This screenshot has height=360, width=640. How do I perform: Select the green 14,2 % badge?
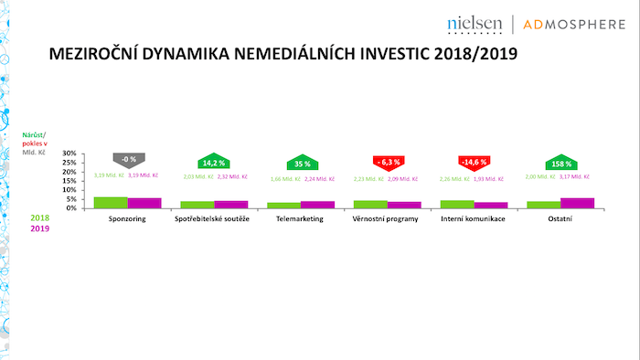point(214,161)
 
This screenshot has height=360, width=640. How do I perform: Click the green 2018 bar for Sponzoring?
point(111,203)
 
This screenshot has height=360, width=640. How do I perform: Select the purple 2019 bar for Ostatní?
point(577,203)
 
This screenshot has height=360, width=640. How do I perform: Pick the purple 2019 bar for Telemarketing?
point(317,205)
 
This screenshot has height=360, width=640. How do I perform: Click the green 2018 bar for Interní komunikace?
point(456,204)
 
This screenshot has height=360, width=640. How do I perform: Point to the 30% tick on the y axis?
point(69,154)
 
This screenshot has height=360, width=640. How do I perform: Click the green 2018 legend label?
point(39,219)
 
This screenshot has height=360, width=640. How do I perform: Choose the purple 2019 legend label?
point(39,229)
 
